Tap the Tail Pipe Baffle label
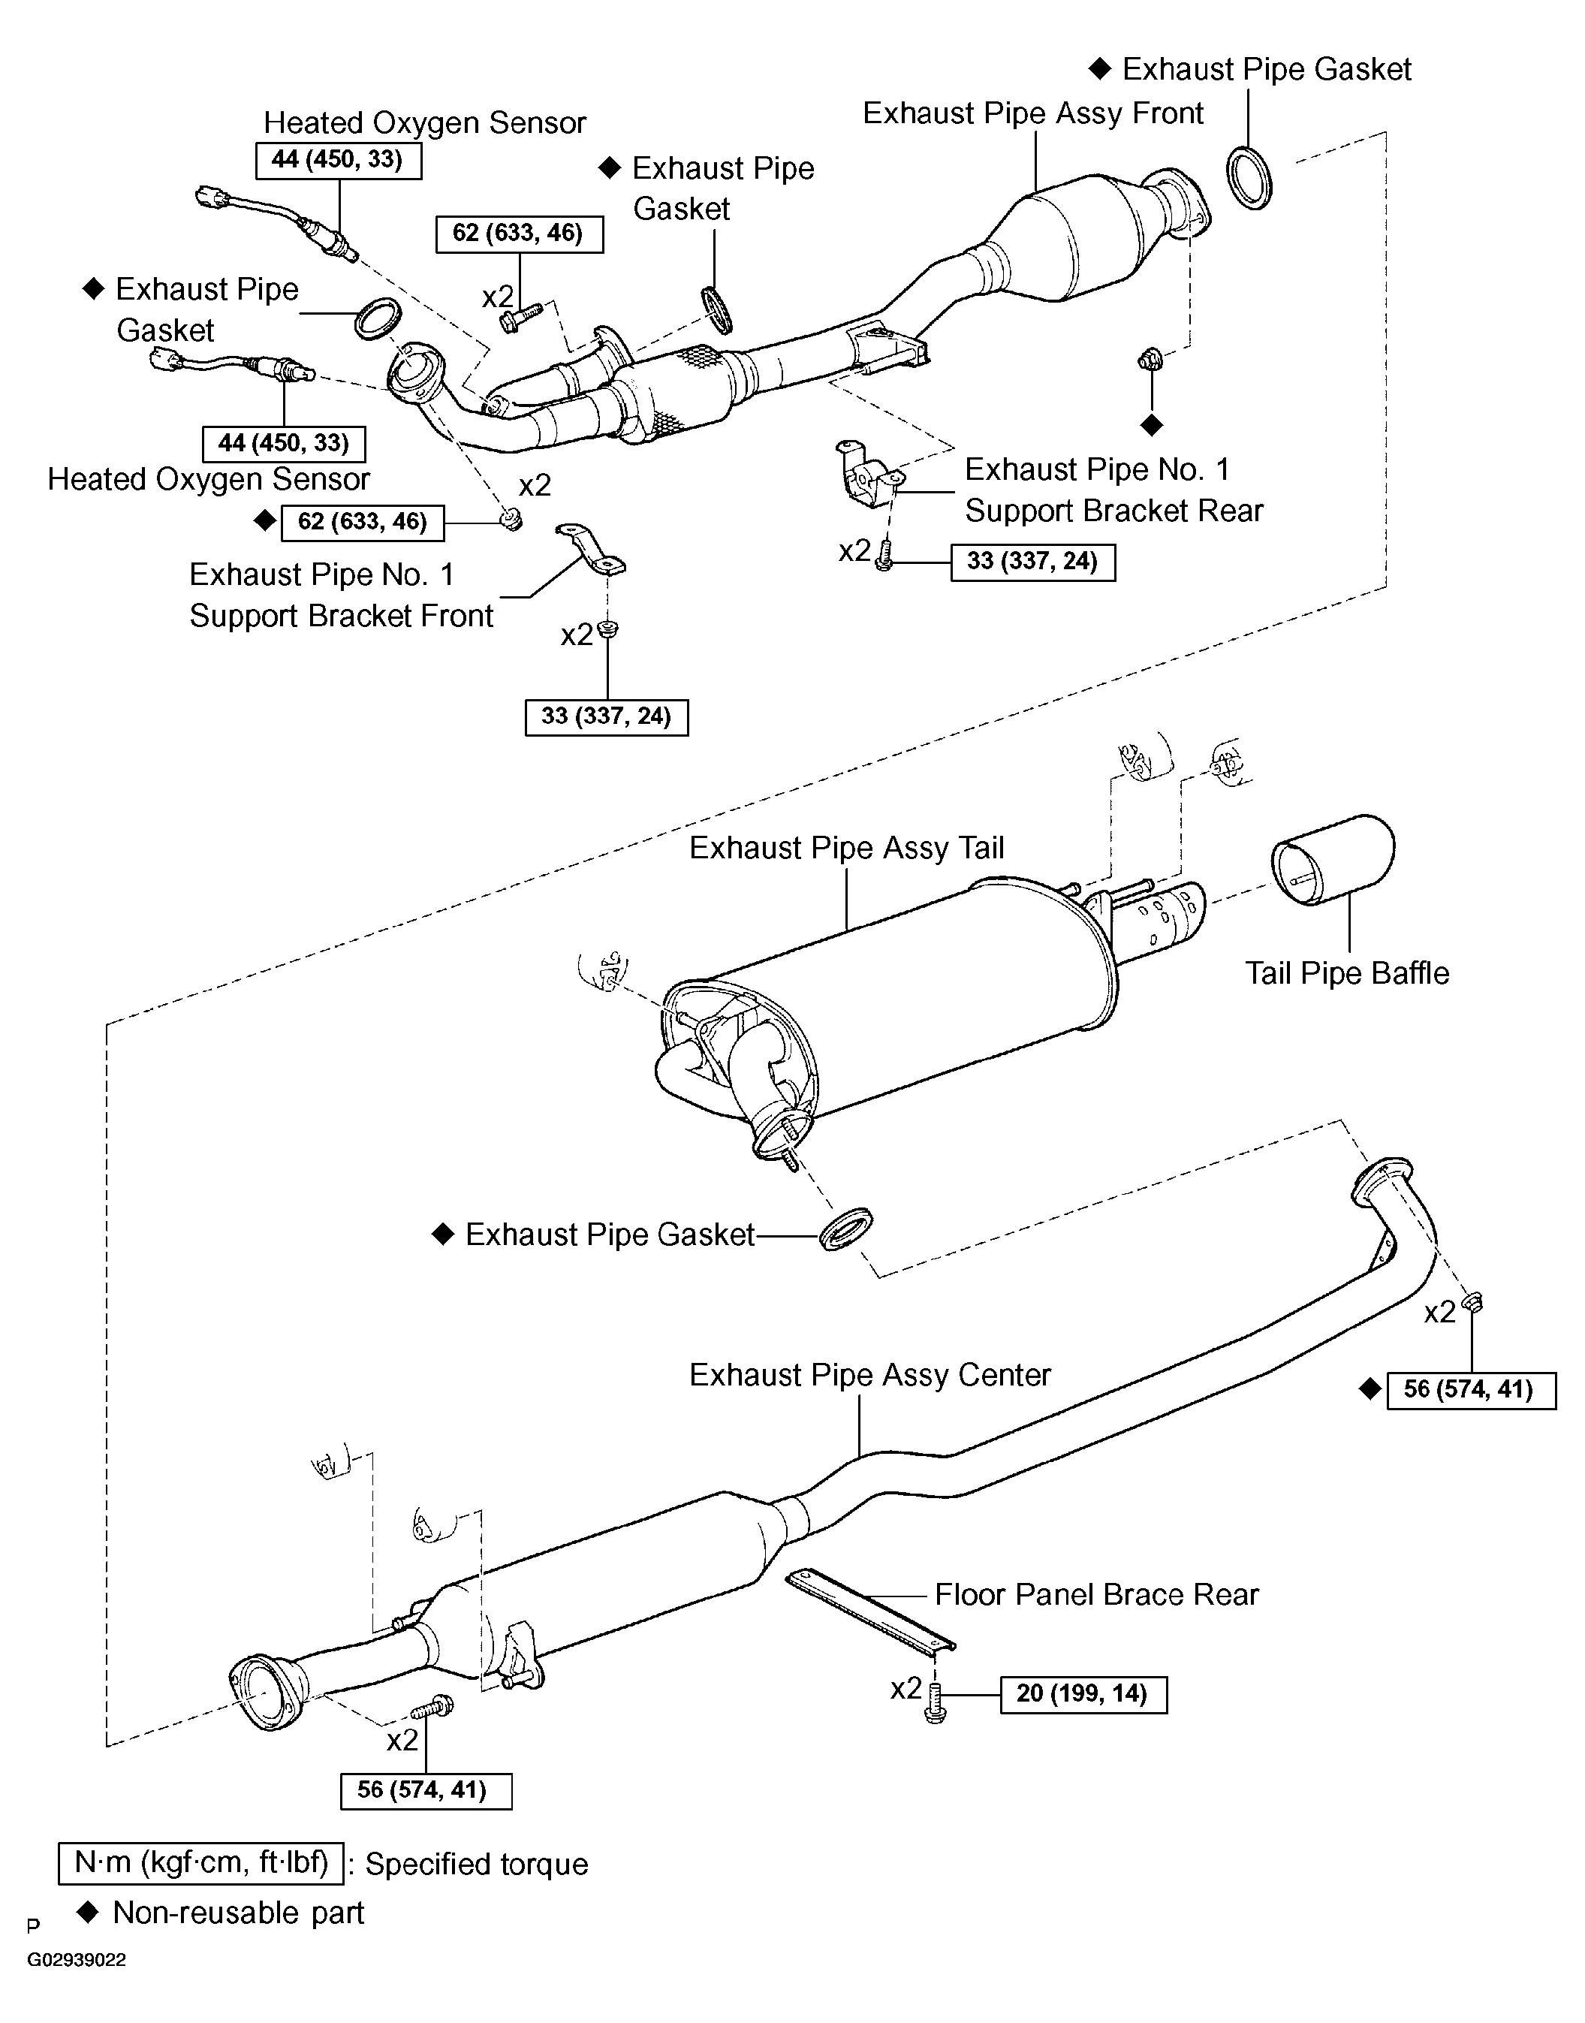pyautogui.click(x=1346, y=972)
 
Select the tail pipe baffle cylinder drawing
pyautogui.click(x=1333, y=858)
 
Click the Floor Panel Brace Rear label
pyautogui.click(x=1096, y=1593)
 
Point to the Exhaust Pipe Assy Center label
pyautogui.click(x=869, y=1374)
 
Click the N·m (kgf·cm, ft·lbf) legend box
pyautogui.click(x=200, y=1862)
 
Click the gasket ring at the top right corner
pyautogui.click(x=1249, y=177)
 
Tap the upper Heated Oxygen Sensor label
pyautogui.click(x=424, y=122)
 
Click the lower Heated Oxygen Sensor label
pyautogui.click(x=208, y=479)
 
